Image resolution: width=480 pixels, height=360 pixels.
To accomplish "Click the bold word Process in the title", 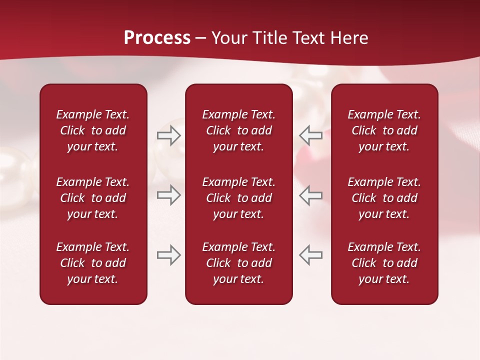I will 157,38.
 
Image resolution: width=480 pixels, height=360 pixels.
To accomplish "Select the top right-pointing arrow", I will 168,135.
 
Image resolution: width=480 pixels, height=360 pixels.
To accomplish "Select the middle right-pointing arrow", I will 168,195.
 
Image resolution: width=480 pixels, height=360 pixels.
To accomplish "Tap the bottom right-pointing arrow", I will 168,255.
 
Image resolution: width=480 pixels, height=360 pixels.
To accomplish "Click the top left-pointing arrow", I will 310,135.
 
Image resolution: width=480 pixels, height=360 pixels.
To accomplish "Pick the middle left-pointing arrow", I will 310,195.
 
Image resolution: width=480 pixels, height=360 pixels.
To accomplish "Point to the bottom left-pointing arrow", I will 310,255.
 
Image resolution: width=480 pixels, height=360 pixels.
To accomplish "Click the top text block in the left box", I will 93,130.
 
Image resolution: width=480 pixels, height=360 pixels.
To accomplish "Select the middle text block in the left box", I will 93,198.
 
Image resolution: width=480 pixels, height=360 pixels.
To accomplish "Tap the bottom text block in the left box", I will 93,263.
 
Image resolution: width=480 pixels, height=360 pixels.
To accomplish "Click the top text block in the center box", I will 238,130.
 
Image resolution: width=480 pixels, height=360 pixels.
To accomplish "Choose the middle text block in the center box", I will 238,198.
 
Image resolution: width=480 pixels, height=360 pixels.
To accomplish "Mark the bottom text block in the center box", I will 238,263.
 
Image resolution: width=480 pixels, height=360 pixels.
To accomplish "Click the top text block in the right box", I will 384,130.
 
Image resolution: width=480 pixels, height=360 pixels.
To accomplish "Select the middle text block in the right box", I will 384,198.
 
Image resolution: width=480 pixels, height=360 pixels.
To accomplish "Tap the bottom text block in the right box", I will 384,263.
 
